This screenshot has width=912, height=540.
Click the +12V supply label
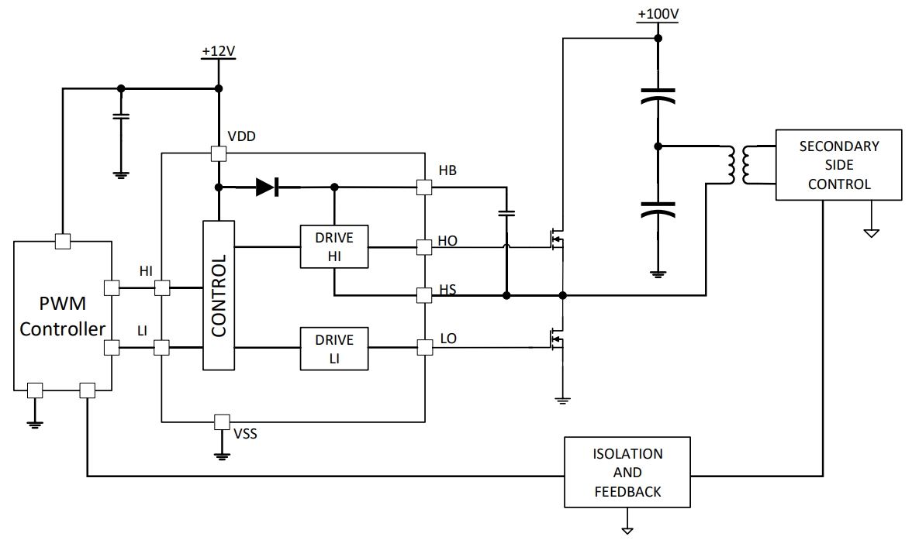(218, 51)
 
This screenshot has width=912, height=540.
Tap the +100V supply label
(657, 14)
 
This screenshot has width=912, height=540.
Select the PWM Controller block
(63, 316)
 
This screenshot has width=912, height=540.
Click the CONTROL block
(218, 295)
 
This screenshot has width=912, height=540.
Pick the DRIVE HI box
(334, 247)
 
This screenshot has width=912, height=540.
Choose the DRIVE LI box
(334, 349)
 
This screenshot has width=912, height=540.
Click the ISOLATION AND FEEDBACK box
(627, 472)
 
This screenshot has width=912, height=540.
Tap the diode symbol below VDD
(268, 187)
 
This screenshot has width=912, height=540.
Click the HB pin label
(447, 170)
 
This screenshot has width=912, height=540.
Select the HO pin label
(448, 241)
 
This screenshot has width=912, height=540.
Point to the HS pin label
(447, 289)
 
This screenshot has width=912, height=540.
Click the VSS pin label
(246, 434)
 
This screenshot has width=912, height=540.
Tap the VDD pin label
(243, 136)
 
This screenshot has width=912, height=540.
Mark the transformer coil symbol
(740, 165)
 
